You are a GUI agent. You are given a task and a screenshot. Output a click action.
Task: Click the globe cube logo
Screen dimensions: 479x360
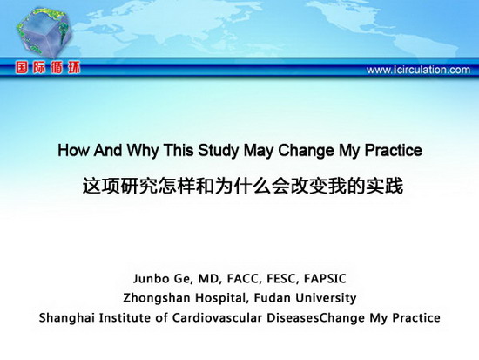pyautogui.click(x=44, y=33)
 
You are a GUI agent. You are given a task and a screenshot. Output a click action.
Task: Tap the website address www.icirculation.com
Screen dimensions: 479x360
pyautogui.click(x=418, y=70)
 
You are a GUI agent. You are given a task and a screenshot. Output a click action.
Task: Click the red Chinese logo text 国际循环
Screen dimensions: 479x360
pyautogui.click(x=48, y=68)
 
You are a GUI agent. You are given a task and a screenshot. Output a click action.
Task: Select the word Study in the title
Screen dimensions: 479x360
pyautogui.click(x=218, y=151)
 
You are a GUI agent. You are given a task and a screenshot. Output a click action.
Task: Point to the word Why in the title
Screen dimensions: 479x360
pyautogui.click(x=143, y=151)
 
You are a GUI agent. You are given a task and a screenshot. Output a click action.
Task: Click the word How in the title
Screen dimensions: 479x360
pyautogui.click(x=74, y=150)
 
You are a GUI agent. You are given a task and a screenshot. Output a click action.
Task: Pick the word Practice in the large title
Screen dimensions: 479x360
pyautogui.click(x=394, y=150)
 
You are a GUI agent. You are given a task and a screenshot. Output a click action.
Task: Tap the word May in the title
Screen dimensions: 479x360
pyautogui.click(x=259, y=151)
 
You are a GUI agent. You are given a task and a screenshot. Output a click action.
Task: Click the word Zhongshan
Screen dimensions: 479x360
pyautogui.click(x=157, y=298)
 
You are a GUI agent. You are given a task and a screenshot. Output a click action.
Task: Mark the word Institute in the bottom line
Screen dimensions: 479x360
pyautogui.click(x=125, y=317)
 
